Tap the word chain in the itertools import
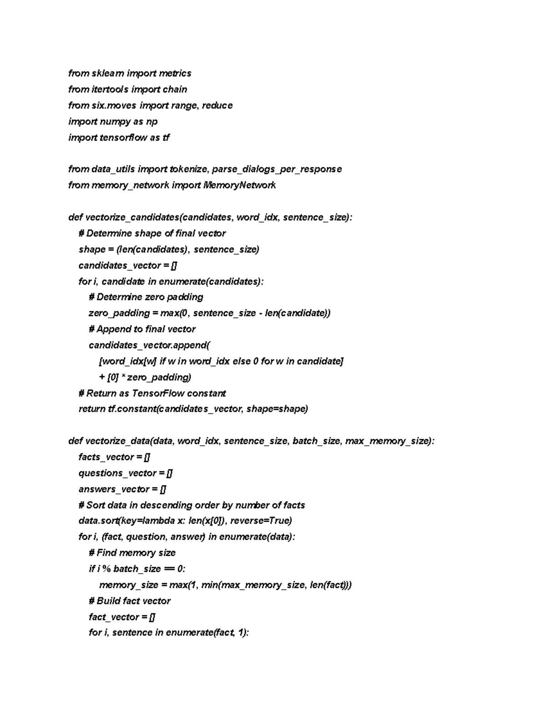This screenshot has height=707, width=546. [x=175, y=89]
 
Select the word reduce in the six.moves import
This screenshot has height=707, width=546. [x=217, y=106]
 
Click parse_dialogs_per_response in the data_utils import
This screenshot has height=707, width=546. [x=277, y=169]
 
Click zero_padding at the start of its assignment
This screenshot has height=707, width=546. [x=119, y=313]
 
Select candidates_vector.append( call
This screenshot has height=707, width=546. [x=149, y=345]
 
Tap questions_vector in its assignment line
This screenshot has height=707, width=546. [x=117, y=473]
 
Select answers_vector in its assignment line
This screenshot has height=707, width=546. [x=114, y=489]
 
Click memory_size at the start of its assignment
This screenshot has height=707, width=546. [x=129, y=585]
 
